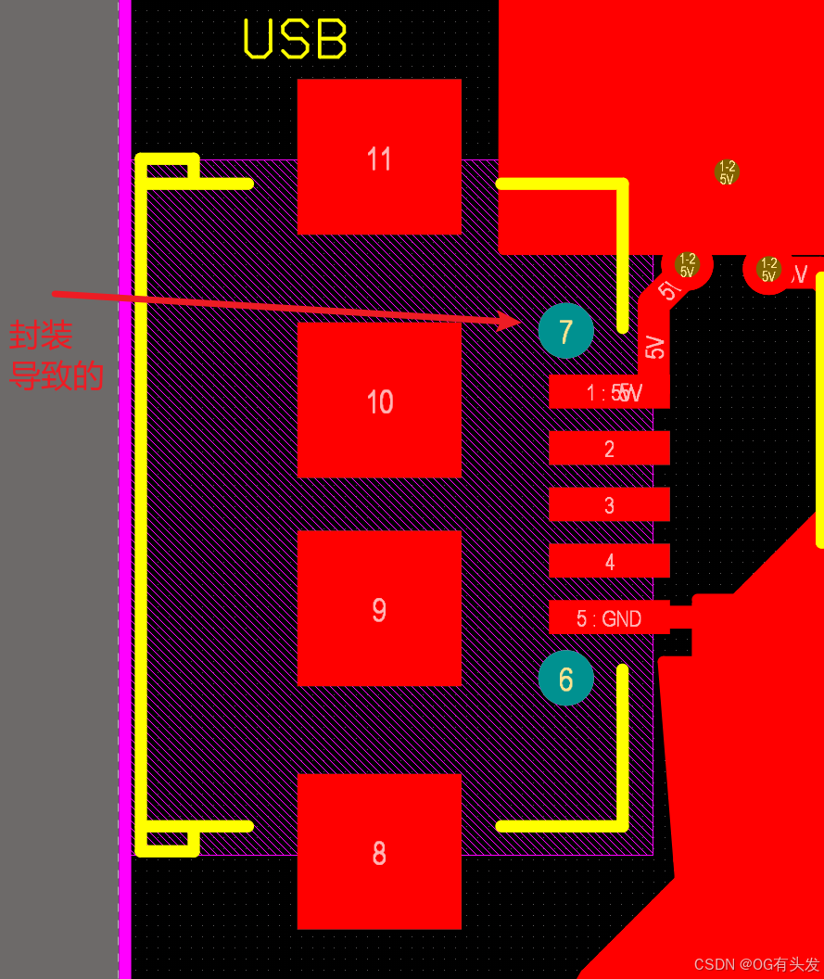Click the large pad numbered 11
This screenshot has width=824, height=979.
[x=379, y=157]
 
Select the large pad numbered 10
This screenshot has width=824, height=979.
[x=379, y=400]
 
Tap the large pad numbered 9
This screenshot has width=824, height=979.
[x=379, y=608]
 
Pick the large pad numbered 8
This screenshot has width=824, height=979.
[x=379, y=851]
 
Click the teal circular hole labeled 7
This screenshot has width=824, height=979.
[x=565, y=330]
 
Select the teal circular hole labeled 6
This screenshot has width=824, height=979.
[x=565, y=678]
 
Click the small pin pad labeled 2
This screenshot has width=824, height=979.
[x=609, y=448]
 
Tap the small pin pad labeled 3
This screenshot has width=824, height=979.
[x=609, y=504]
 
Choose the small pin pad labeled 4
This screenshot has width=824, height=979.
[x=609, y=561]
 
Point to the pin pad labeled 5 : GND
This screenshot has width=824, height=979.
[x=609, y=617]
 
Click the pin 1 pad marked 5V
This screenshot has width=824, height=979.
[x=609, y=391]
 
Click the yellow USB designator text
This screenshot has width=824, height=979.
[x=295, y=40]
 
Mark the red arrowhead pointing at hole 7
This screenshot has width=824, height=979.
[x=510, y=321]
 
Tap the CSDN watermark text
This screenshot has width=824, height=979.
[x=756, y=964]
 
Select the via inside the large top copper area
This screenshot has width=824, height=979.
[x=727, y=172]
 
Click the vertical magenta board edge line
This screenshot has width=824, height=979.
[x=124, y=489]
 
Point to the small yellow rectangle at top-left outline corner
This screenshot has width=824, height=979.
[x=168, y=168]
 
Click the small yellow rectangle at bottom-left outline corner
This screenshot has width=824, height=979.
[x=168, y=841]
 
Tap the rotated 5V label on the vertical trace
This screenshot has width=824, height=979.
[x=655, y=347]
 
